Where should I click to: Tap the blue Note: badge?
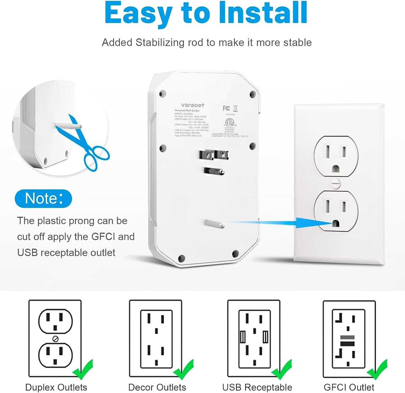[43, 199]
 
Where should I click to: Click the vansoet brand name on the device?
[193, 105]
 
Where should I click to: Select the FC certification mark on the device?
[226, 108]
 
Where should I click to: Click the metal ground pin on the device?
[214, 171]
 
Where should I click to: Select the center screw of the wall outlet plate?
[335, 184]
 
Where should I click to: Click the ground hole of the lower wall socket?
[335, 224]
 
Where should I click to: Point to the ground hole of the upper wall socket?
[335, 169]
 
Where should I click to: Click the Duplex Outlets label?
[56, 387]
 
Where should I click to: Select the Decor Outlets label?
[157, 387]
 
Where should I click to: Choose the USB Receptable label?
[257, 387]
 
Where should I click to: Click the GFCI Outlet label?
[349, 387]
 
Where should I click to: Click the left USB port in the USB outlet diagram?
[243, 337]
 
